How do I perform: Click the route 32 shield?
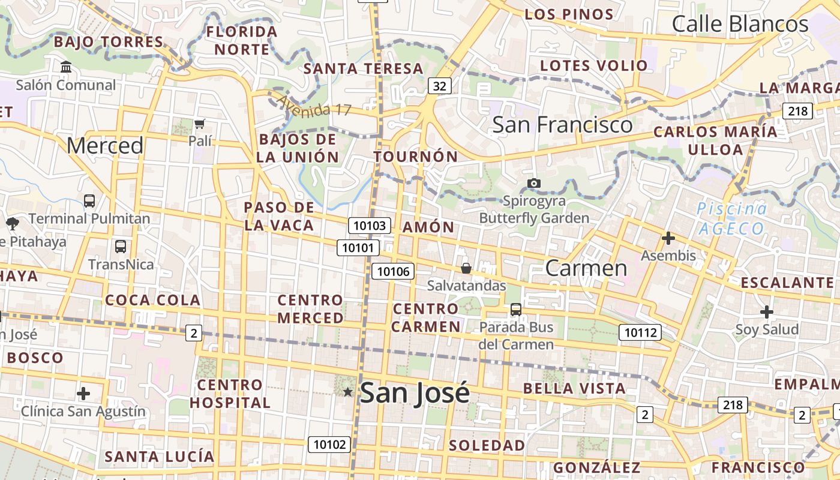click(440, 86)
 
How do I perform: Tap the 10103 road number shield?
click(370, 226)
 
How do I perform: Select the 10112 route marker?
click(640, 332)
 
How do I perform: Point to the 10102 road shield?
click(329, 445)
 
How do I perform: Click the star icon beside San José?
click(347, 392)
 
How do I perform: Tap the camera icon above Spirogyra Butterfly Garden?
click(533, 183)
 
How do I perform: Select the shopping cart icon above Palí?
click(200, 124)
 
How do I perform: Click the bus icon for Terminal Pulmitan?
click(89, 201)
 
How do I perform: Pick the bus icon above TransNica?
click(121, 247)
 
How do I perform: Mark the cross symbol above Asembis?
click(668, 239)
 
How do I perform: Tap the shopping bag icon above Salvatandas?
click(466, 268)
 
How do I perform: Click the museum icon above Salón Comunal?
click(66, 67)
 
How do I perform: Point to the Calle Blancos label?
click(740, 24)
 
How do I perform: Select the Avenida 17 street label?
click(314, 107)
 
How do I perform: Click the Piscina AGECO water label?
click(732, 218)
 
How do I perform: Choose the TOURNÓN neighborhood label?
click(416, 157)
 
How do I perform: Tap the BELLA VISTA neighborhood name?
click(574, 388)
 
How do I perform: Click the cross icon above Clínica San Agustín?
click(83, 394)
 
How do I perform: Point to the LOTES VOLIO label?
click(594, 65)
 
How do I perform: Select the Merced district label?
click(105, 145)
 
